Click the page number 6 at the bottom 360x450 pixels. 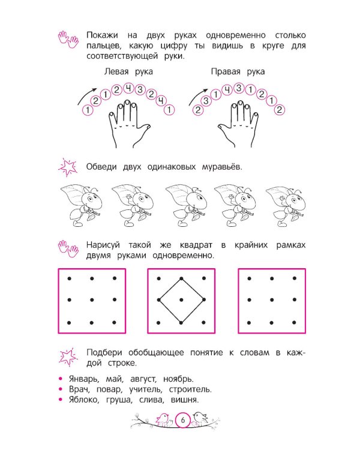183,421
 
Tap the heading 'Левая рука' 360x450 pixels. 128,71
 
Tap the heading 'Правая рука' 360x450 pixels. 238,71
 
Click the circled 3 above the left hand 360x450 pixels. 140,89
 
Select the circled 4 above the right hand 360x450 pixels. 227,90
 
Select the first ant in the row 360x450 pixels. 81,205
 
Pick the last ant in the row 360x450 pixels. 286,206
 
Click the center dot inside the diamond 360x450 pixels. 181,300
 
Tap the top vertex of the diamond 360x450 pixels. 181,278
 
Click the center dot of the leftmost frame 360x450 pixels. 92,300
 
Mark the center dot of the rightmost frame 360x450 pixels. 272,300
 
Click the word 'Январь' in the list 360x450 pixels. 84,379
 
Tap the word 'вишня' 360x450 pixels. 185,400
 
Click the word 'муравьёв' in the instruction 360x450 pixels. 222,167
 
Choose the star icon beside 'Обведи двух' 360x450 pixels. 68,167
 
